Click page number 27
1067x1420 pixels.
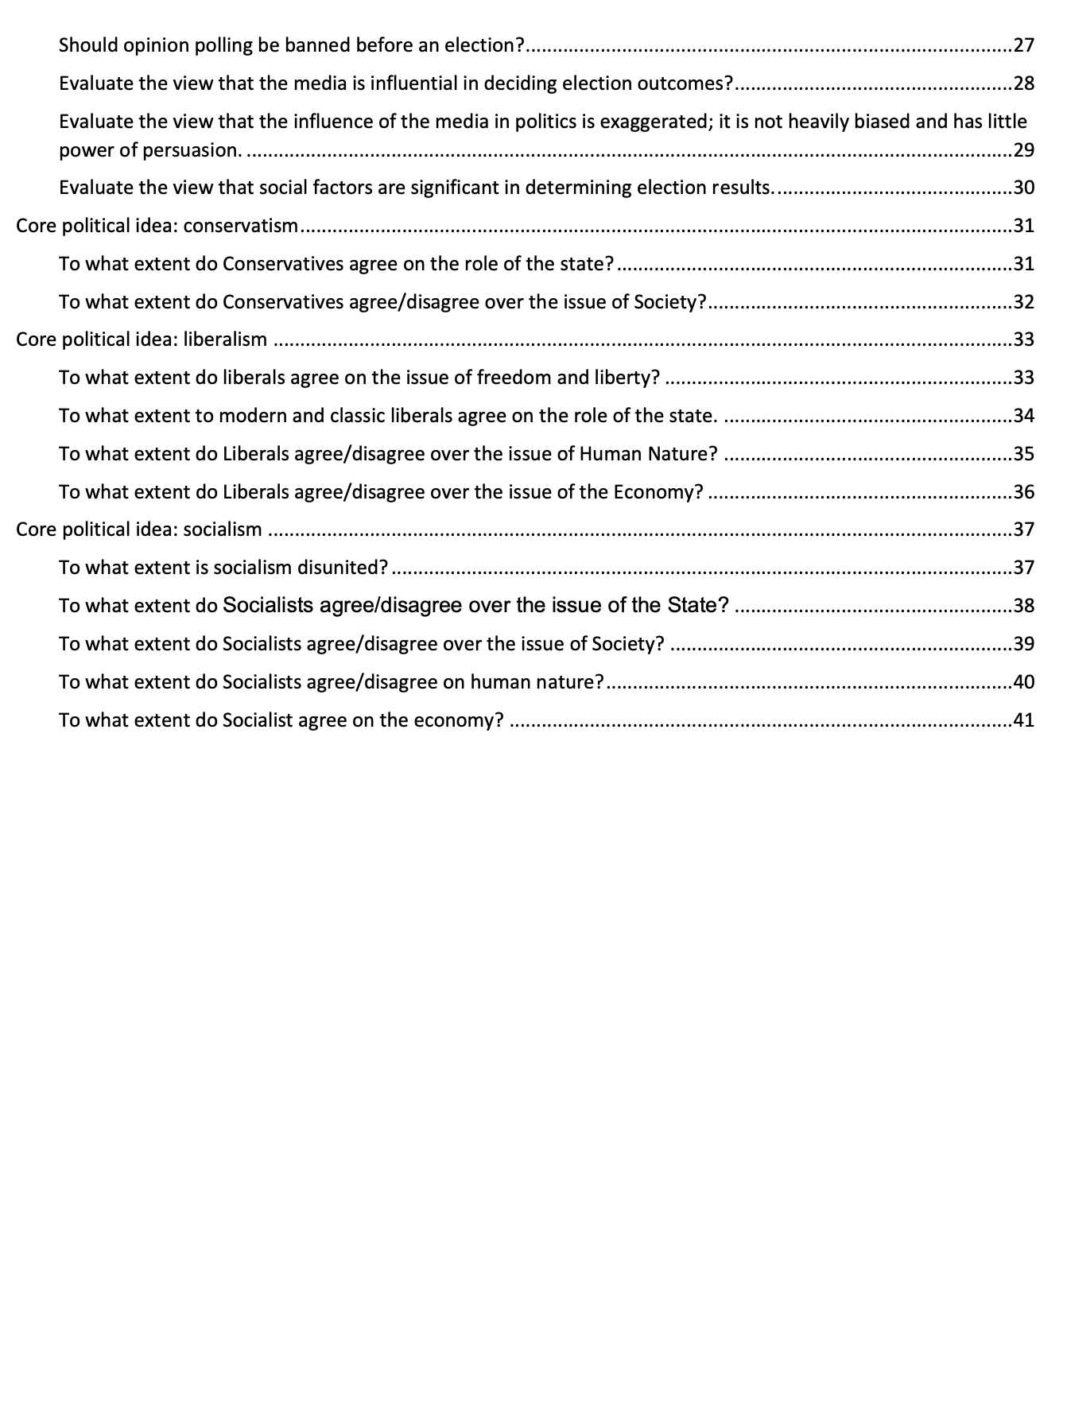coord(1024,45)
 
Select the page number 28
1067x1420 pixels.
coord(1024,83)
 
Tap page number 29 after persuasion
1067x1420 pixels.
coord(1024,150)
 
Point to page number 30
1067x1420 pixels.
coord(1024,188)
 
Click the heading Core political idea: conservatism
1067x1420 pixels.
coord(157,226)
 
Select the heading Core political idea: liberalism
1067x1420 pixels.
coord(142,339)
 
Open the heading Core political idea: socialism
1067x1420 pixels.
coord(139,530)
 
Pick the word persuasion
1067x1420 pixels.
coord(192,150)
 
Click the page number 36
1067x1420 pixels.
coord(1024,492)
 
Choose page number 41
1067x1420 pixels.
coord(1024,720)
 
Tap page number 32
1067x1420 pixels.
coord(1024,302)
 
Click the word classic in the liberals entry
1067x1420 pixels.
coord(355,416)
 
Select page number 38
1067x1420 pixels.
coord(1024,606)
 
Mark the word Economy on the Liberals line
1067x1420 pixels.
coord(658,492)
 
